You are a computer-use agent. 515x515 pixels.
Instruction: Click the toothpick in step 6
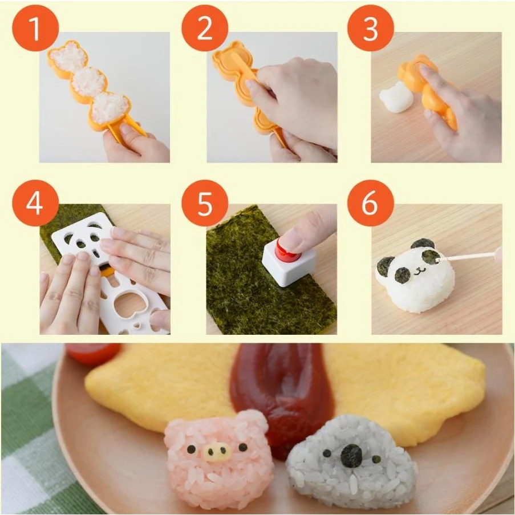click(468, 256)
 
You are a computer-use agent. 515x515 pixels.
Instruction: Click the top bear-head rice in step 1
click(69, 58)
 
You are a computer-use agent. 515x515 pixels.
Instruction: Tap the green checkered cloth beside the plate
click(26, 433)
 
